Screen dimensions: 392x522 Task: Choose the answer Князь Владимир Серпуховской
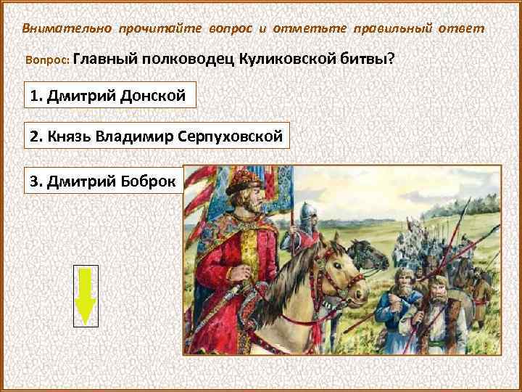157,135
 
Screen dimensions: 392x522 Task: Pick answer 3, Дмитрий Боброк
104,181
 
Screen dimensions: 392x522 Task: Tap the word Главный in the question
104,59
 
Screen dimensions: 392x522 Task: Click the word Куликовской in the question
288,59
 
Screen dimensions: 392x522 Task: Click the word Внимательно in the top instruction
62,28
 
